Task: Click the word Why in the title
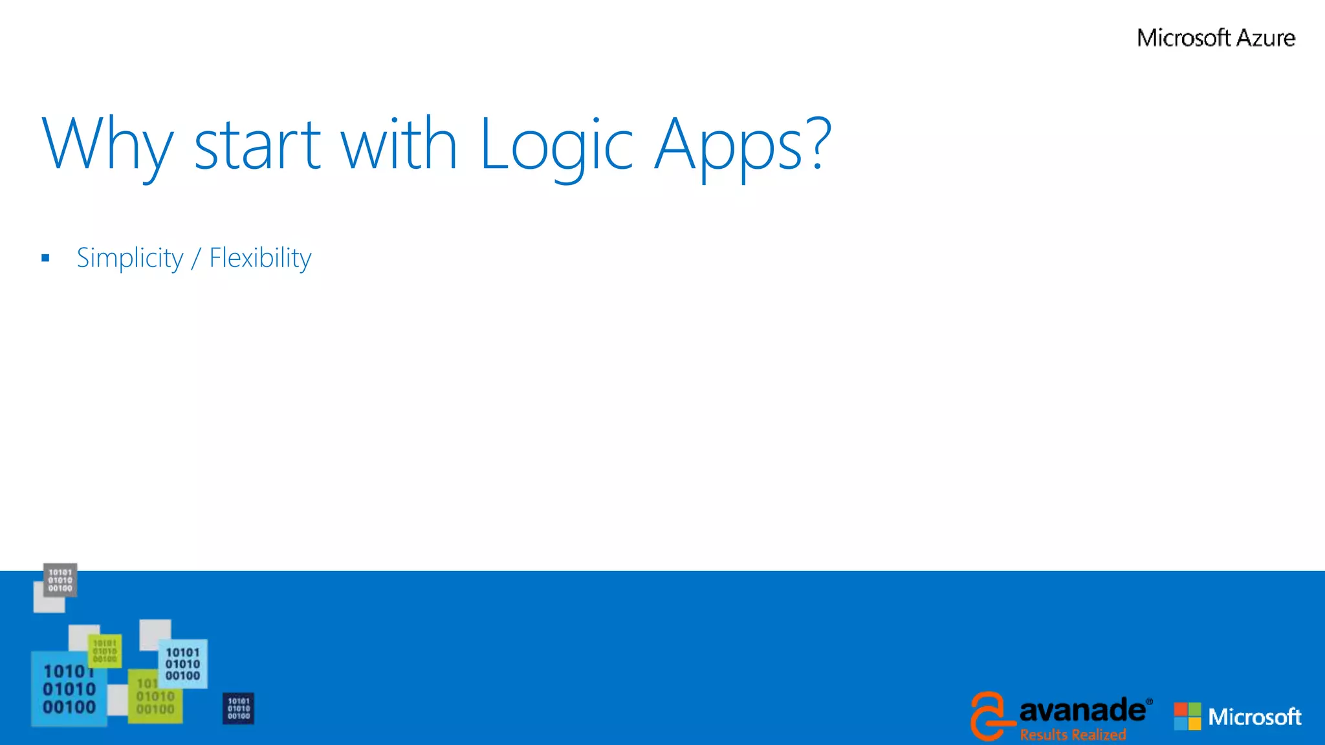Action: [x=107, y=146]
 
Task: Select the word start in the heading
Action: [x=257, y=146]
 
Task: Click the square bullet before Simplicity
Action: [x=45, y=258]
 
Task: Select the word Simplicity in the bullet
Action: [x=130, y=258]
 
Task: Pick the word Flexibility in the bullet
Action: [x=260, y=258]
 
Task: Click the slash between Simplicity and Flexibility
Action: [x=196, y=258]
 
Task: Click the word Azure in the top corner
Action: [x=1265, y=38]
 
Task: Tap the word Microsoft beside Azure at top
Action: [x=1183, y=38]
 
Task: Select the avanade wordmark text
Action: [x=1082, y=710]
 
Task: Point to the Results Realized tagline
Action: [x=1073, y=735]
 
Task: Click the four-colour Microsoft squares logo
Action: [x=1187, y=716]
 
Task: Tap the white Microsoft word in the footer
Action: [x=1254, y=717]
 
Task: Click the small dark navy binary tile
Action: [x=238, y=709]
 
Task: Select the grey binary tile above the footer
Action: [x=60, y=580]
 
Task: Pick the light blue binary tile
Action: [x=183, y=664]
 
